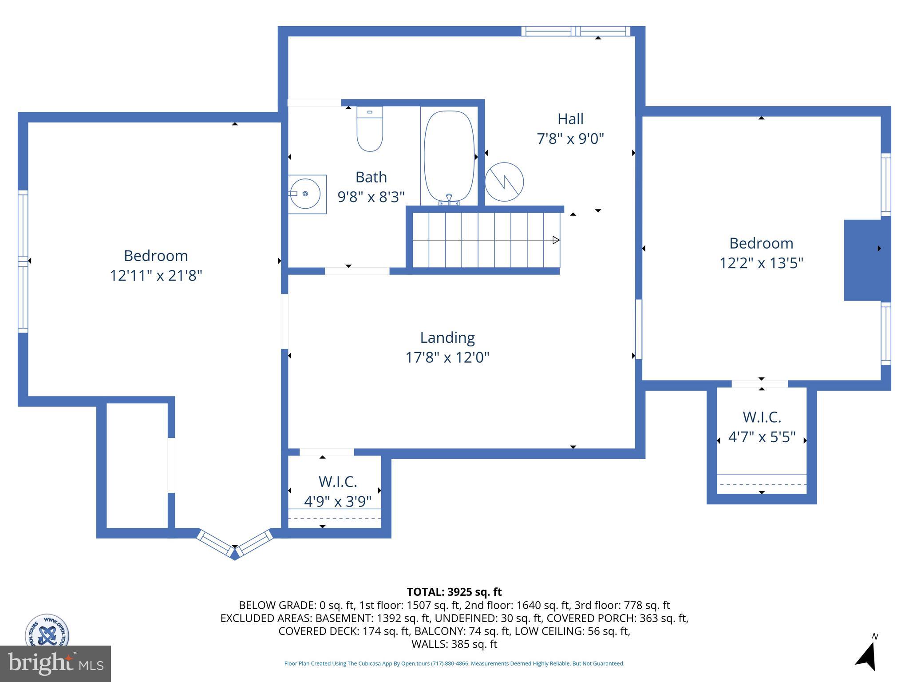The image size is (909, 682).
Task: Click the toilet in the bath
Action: [370, 129]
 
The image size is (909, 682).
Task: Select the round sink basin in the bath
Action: [305, 194]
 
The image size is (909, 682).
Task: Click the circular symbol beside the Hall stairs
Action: [504, 182]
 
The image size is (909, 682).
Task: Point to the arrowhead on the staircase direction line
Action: [556, 240]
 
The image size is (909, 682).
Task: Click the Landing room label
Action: [447, 338]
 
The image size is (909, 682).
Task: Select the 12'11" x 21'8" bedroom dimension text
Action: [156, 276]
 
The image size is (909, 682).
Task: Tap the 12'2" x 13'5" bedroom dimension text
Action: [761, 263]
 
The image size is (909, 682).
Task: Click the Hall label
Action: [570, 119]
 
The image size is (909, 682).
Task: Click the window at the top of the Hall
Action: [576, 31]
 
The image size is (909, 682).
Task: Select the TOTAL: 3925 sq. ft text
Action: [454, 592]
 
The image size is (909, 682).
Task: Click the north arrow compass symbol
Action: [867, 655]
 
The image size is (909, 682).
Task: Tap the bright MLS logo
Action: [55, 663]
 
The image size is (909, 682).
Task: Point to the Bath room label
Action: [371, 177]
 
